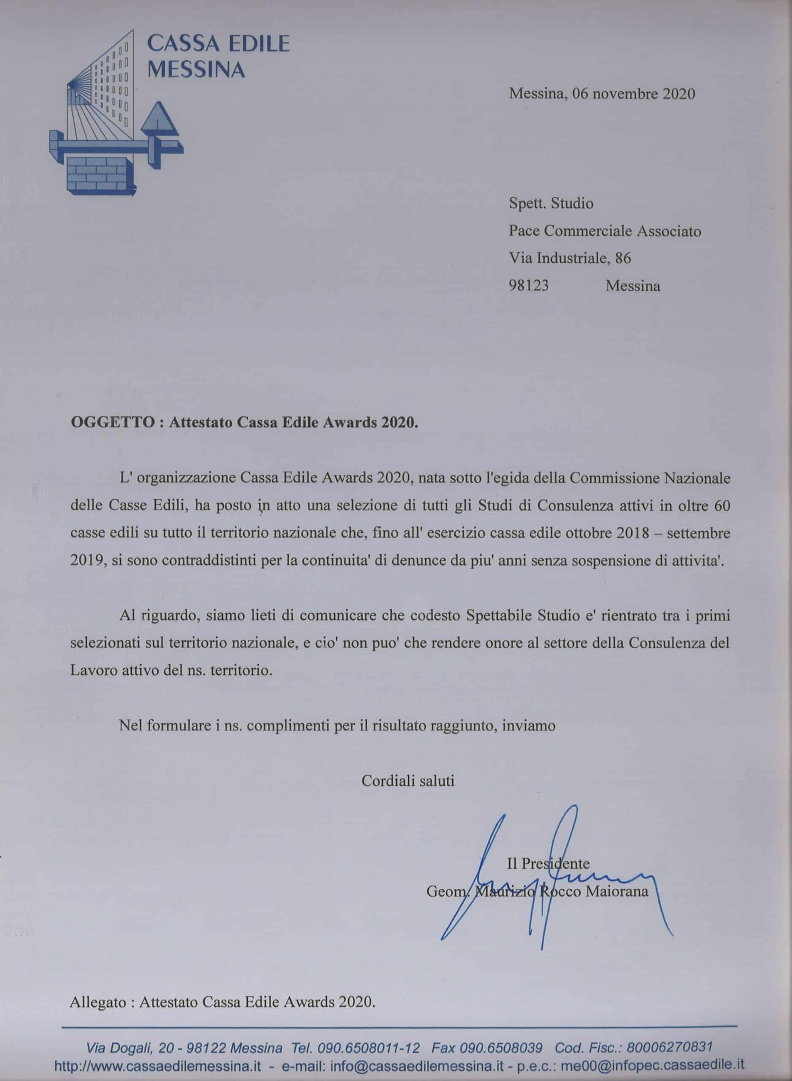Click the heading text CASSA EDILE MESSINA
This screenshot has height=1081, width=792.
pyautogui.click(x=218, y=57)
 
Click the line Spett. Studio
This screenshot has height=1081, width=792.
pyautogui.click(x=551, y=204)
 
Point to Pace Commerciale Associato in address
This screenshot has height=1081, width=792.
pyautogui.click(x=605, y=231)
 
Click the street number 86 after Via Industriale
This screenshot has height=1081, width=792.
pyautogui.click(x=623, y=258)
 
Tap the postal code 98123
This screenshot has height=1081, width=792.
pyautogui.click(x=528, y=286)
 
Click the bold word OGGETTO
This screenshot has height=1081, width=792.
pyautogui.click(x=112, y=423)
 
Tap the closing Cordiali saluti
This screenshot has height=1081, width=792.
pyautogui.click(x=408, y=781)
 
